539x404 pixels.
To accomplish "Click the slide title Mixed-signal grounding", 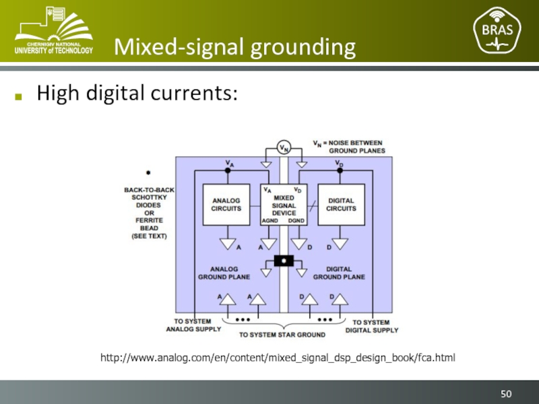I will point(234,47).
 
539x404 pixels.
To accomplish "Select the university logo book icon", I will point(53,22).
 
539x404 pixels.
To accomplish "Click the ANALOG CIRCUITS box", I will point(227,204).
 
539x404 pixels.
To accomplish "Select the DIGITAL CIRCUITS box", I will point(341,204).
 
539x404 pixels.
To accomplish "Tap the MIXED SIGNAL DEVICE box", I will point(284,204).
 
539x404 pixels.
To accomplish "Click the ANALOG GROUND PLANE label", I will point(224,273).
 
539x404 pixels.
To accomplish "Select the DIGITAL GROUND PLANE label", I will point(340,273).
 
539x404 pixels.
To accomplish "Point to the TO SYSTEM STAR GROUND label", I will point(282,334).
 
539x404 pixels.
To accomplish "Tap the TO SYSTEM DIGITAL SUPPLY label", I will point(372,326).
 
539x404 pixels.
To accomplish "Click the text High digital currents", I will point(137,93).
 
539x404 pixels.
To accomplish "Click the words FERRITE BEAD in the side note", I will point(149,224).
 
